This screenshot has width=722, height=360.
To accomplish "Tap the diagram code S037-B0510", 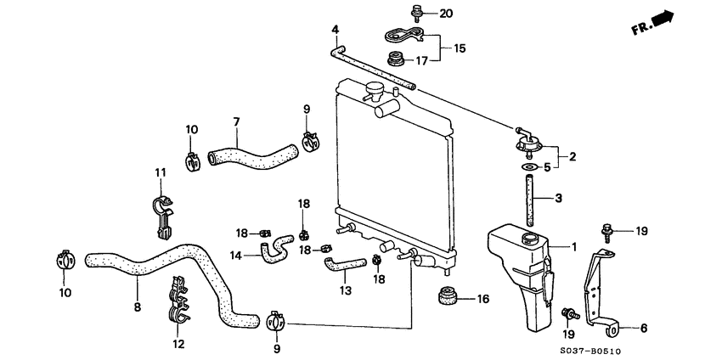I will [x=661, y=347].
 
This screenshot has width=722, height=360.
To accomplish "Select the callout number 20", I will [x=447, y=14].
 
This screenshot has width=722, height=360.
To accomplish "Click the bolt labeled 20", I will [x=417, y=13].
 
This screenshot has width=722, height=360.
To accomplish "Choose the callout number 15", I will [x=460, y=48].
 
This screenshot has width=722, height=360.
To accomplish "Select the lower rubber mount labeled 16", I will [x=447, y=298].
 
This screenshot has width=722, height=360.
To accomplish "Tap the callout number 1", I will [x=574, y=247].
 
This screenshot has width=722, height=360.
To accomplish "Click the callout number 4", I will [x=336, y=31].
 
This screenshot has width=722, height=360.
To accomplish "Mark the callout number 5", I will [x=547, y=168].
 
